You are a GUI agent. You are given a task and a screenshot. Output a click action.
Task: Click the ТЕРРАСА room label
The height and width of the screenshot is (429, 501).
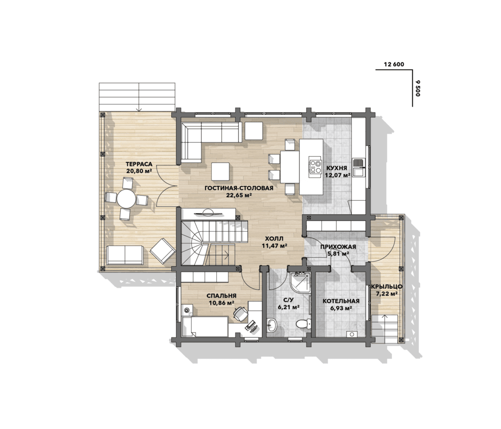[x=139, y=164]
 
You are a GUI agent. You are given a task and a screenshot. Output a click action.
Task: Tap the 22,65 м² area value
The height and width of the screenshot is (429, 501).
[x=239, y=195]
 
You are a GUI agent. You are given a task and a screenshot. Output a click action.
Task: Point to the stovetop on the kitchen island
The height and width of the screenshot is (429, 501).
[x=315, y=165]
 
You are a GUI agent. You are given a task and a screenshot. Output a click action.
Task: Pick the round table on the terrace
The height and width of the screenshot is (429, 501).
[x=126, y=199]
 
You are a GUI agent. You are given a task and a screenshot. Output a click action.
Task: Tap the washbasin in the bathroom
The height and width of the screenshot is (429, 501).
[x=272, y=325]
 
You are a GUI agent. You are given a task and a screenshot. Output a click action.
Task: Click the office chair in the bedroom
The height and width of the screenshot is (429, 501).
[x=240, y=313]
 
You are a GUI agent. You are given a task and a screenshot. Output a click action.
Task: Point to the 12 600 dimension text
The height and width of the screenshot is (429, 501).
[x=394, y=65]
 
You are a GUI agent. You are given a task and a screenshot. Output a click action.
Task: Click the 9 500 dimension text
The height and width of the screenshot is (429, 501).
[x=418, y=89]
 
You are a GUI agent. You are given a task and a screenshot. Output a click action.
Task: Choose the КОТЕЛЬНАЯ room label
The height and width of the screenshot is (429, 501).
[x=341, y=301]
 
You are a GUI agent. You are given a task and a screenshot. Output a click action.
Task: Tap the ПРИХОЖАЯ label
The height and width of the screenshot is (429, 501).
[x=338, y=247]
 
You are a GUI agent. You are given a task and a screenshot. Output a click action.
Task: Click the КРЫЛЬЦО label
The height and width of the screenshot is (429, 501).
[x=387, y=287]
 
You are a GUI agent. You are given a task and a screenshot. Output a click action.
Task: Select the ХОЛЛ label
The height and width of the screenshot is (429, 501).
[x=274, y=239]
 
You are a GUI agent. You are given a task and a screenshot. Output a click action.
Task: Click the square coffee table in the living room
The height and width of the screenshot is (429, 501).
[x=221, y=172]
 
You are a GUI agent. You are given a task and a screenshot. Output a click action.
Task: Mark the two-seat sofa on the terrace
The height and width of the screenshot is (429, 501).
[x=125, y=255]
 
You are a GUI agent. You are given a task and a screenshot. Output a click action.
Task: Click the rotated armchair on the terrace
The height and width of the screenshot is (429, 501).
[x=162, y=251]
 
